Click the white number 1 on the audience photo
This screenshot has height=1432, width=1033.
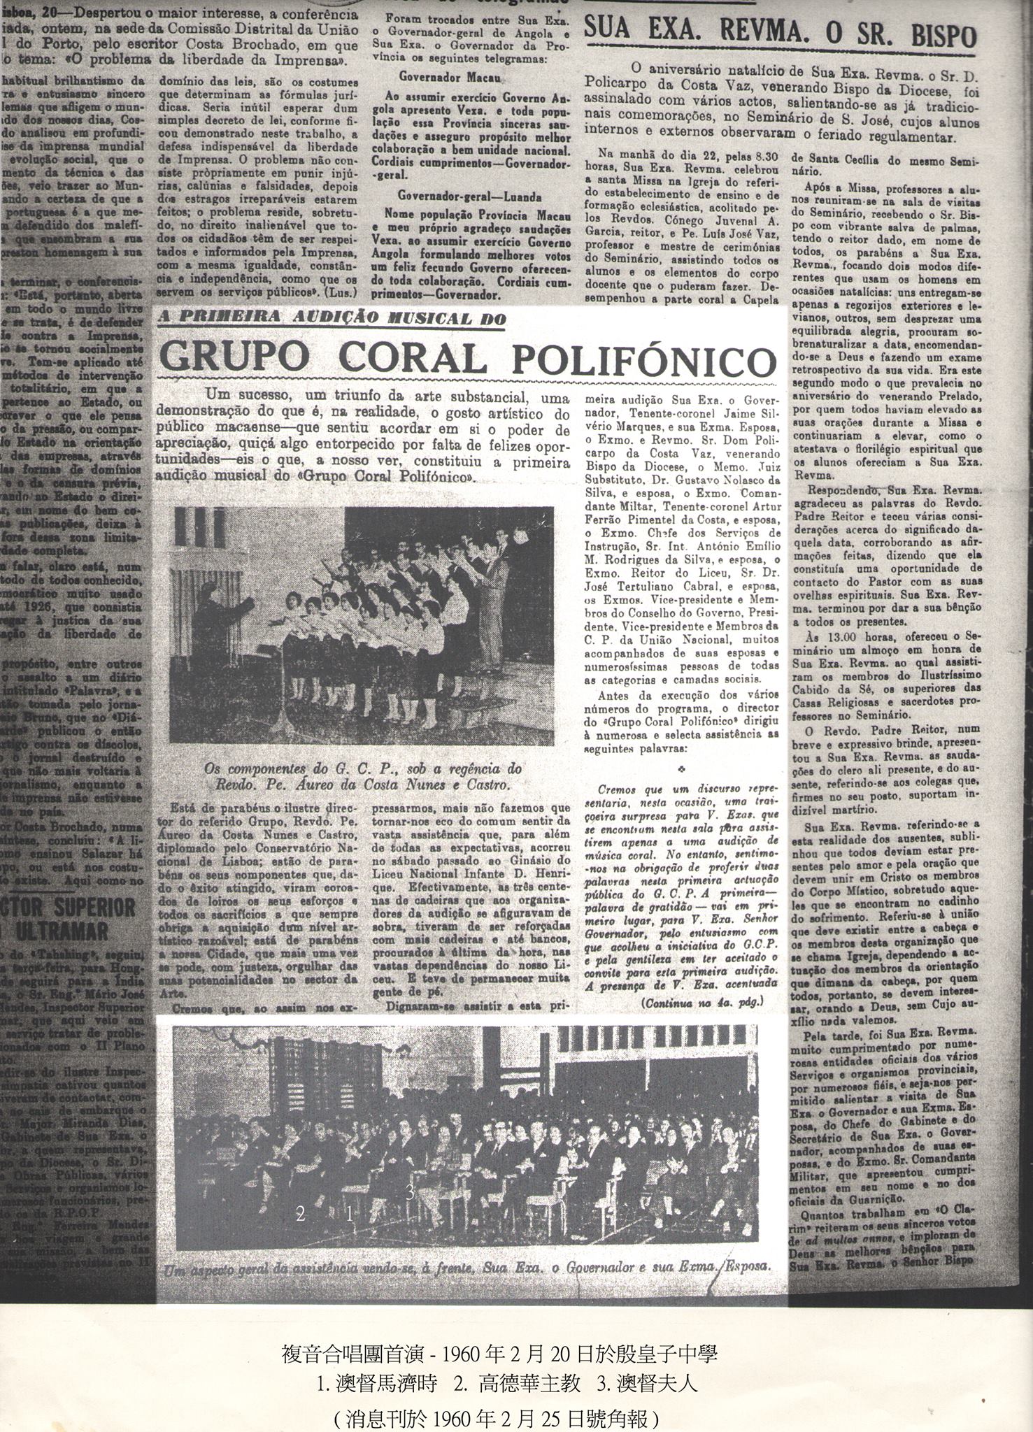point(349,1214)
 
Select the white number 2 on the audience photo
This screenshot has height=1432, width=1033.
point(301,1214)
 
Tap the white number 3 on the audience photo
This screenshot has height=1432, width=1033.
point(411,1194)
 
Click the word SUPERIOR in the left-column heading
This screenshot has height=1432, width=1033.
point(90,908)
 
